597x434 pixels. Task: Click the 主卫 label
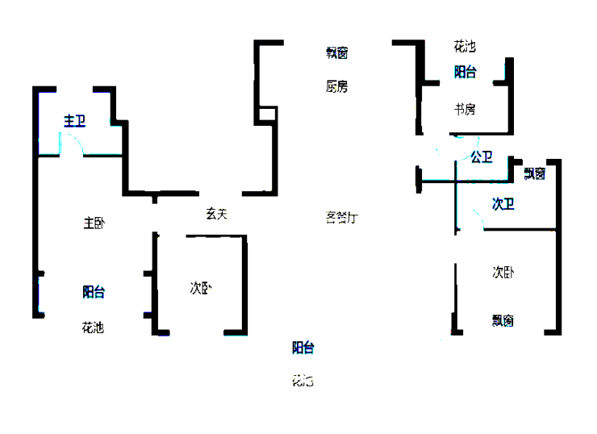(x=74, y=121)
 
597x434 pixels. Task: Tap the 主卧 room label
(x=94, y=223)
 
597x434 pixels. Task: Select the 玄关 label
(x=215, y=214)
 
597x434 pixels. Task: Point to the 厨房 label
(x=337, y=86)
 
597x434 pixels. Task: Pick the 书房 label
(x=464, y=109)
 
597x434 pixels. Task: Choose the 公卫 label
(x=482, y=157)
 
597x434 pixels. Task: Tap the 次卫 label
(x=503, y=204)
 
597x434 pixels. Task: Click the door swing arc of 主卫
(x=73, y=144)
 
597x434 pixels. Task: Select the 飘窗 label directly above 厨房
(x=337, y=53)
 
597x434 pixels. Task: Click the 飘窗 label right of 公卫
(x=534, y=173)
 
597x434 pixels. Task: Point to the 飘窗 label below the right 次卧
(x=503, y=320)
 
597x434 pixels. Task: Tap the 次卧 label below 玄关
(x=201, y=287)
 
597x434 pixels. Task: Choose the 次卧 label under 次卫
(x=503, y=272)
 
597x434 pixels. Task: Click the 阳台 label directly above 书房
(x=465, y=72)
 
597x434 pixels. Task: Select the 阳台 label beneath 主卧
(x=94, y=292)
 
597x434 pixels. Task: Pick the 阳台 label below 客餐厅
(x=303, y=348)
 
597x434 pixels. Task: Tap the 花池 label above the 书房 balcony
(x=465, y=47)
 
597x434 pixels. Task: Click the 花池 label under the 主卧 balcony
(x=93, y=328)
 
